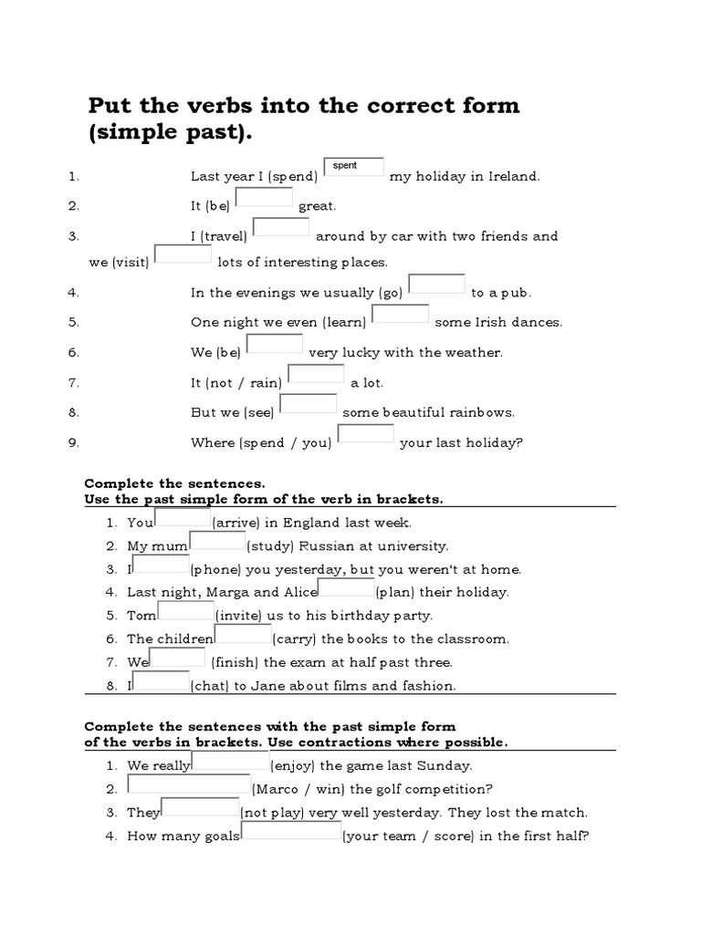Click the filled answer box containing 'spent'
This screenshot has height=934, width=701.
[x=354, y=168]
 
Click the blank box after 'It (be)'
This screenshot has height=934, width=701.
[x=264, y=198]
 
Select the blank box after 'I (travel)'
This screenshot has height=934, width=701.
[x=281, y=228]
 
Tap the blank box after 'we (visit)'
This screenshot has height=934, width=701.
[x=183, y=254]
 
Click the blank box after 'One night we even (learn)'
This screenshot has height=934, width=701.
[x=401, y=314]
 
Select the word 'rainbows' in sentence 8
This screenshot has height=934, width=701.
[x=485, y=412]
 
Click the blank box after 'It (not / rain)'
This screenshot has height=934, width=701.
[x=316, y=374]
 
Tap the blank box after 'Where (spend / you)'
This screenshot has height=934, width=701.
[x=366, y=434]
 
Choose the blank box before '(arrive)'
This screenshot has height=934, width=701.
[x=183, y=518]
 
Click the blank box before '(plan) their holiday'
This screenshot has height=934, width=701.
[x=345, y=587]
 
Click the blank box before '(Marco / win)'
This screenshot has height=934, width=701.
[x=188, y=785]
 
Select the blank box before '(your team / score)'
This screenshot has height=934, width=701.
[x=290, y=831]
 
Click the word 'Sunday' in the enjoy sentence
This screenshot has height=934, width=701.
[x=446, y=766]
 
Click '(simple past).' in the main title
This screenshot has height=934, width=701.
[x=168, y=133]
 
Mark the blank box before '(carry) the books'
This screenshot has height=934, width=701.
[x=242, y=634]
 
